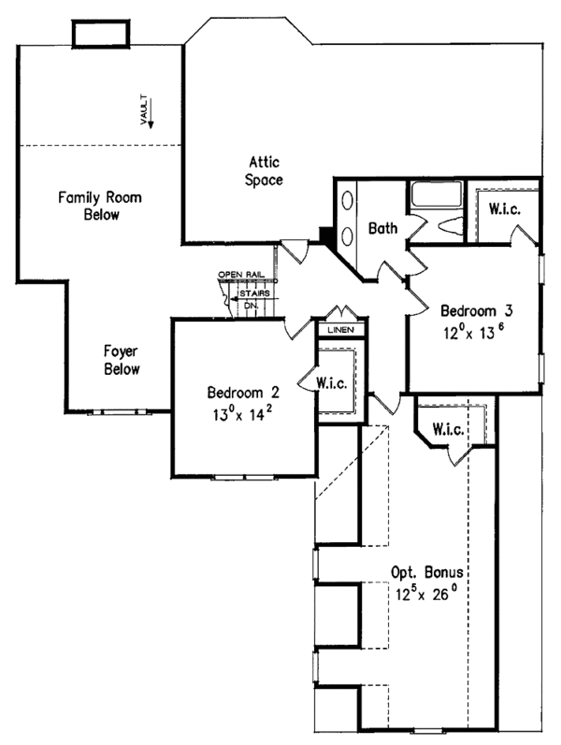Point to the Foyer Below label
(x=122, y=360)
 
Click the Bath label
(x=384, y=228)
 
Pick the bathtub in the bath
(x=435, y=195)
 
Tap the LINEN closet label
(x=338, y=330)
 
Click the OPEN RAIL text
(x=236, y=275)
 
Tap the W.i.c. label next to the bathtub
(x=504, y=208)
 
